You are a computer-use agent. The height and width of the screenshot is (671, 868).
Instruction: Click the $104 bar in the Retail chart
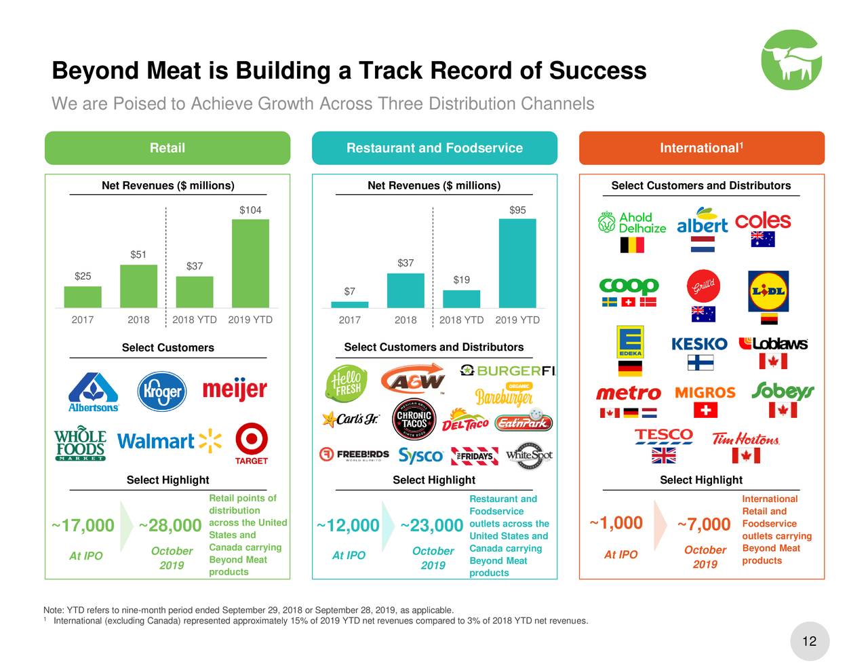(250, 263)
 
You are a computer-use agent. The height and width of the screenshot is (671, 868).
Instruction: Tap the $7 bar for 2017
(350, 305)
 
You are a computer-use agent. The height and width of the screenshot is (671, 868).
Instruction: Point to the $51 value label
(138, 254)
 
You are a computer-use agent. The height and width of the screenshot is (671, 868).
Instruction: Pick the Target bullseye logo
(252, 441)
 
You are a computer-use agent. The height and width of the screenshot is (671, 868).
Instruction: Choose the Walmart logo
(169, 442)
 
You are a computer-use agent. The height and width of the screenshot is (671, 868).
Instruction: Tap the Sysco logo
(421, 455)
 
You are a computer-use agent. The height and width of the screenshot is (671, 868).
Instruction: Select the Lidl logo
(768, 290)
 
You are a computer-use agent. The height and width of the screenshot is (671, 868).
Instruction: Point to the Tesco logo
(664, 435)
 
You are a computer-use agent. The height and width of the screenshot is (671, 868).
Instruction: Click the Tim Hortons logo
(746, 439)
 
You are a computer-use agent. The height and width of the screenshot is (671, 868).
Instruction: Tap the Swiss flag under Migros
(705, 410)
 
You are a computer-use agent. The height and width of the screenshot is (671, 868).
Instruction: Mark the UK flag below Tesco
(664, 455)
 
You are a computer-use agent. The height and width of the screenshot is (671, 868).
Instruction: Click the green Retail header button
(167, 148)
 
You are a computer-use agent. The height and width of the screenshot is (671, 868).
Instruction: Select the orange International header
(702, 148)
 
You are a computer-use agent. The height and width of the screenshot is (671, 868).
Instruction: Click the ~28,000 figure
(170, 526)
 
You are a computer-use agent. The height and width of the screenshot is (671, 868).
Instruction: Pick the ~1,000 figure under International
(616, 523)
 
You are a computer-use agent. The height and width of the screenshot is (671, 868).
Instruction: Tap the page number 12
(809, 641)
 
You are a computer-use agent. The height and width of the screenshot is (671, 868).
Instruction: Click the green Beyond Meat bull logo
(791, 60)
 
